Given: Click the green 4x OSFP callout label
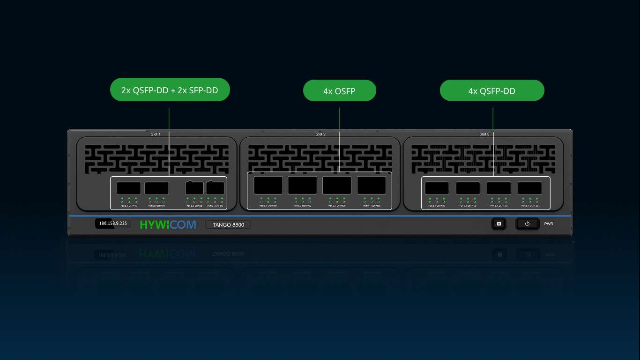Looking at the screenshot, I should (340, 90).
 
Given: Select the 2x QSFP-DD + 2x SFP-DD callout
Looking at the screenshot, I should (170, 90).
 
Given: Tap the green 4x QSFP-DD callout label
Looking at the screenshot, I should (492, 90).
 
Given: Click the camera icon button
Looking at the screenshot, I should (499, 224).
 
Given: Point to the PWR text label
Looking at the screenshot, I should (549, 224).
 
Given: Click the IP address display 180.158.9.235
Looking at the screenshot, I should (113, 224).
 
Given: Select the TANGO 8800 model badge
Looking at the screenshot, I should (228, 225).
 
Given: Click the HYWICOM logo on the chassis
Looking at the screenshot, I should (168, 225).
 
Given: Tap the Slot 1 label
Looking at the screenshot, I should (156, 134).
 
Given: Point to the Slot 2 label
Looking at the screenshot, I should (320, 134).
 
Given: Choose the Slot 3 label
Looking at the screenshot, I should (484, 134).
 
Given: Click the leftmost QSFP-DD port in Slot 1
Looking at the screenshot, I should (129, 188).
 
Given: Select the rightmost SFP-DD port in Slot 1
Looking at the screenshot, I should (215, 188).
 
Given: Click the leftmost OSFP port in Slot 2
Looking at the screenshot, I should (268, 185).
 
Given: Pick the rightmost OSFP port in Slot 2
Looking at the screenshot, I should (372, 185).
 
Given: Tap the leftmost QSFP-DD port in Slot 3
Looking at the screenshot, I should (437, 188).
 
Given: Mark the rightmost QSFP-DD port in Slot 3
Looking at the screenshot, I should (530, 188).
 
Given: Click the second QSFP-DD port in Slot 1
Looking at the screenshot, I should (157, 188).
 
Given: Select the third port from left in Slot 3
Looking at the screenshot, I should (499, 188).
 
